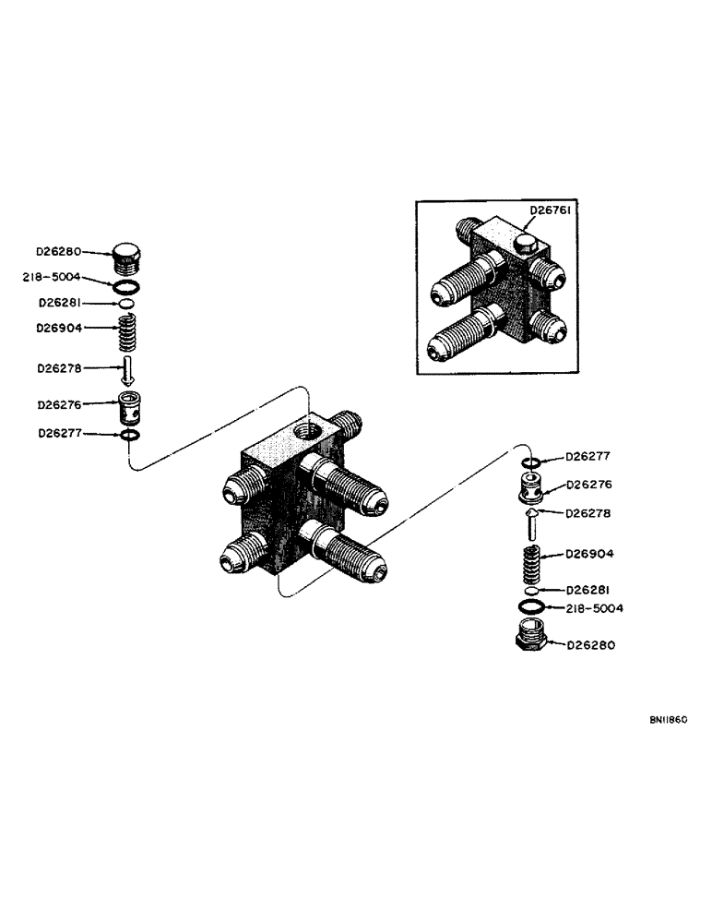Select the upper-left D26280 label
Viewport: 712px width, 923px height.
click(59, 250)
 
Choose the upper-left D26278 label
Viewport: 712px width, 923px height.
click(59, 367)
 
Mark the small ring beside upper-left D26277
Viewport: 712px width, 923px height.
click(130, 435)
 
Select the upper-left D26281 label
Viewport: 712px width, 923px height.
click(59, 302)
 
